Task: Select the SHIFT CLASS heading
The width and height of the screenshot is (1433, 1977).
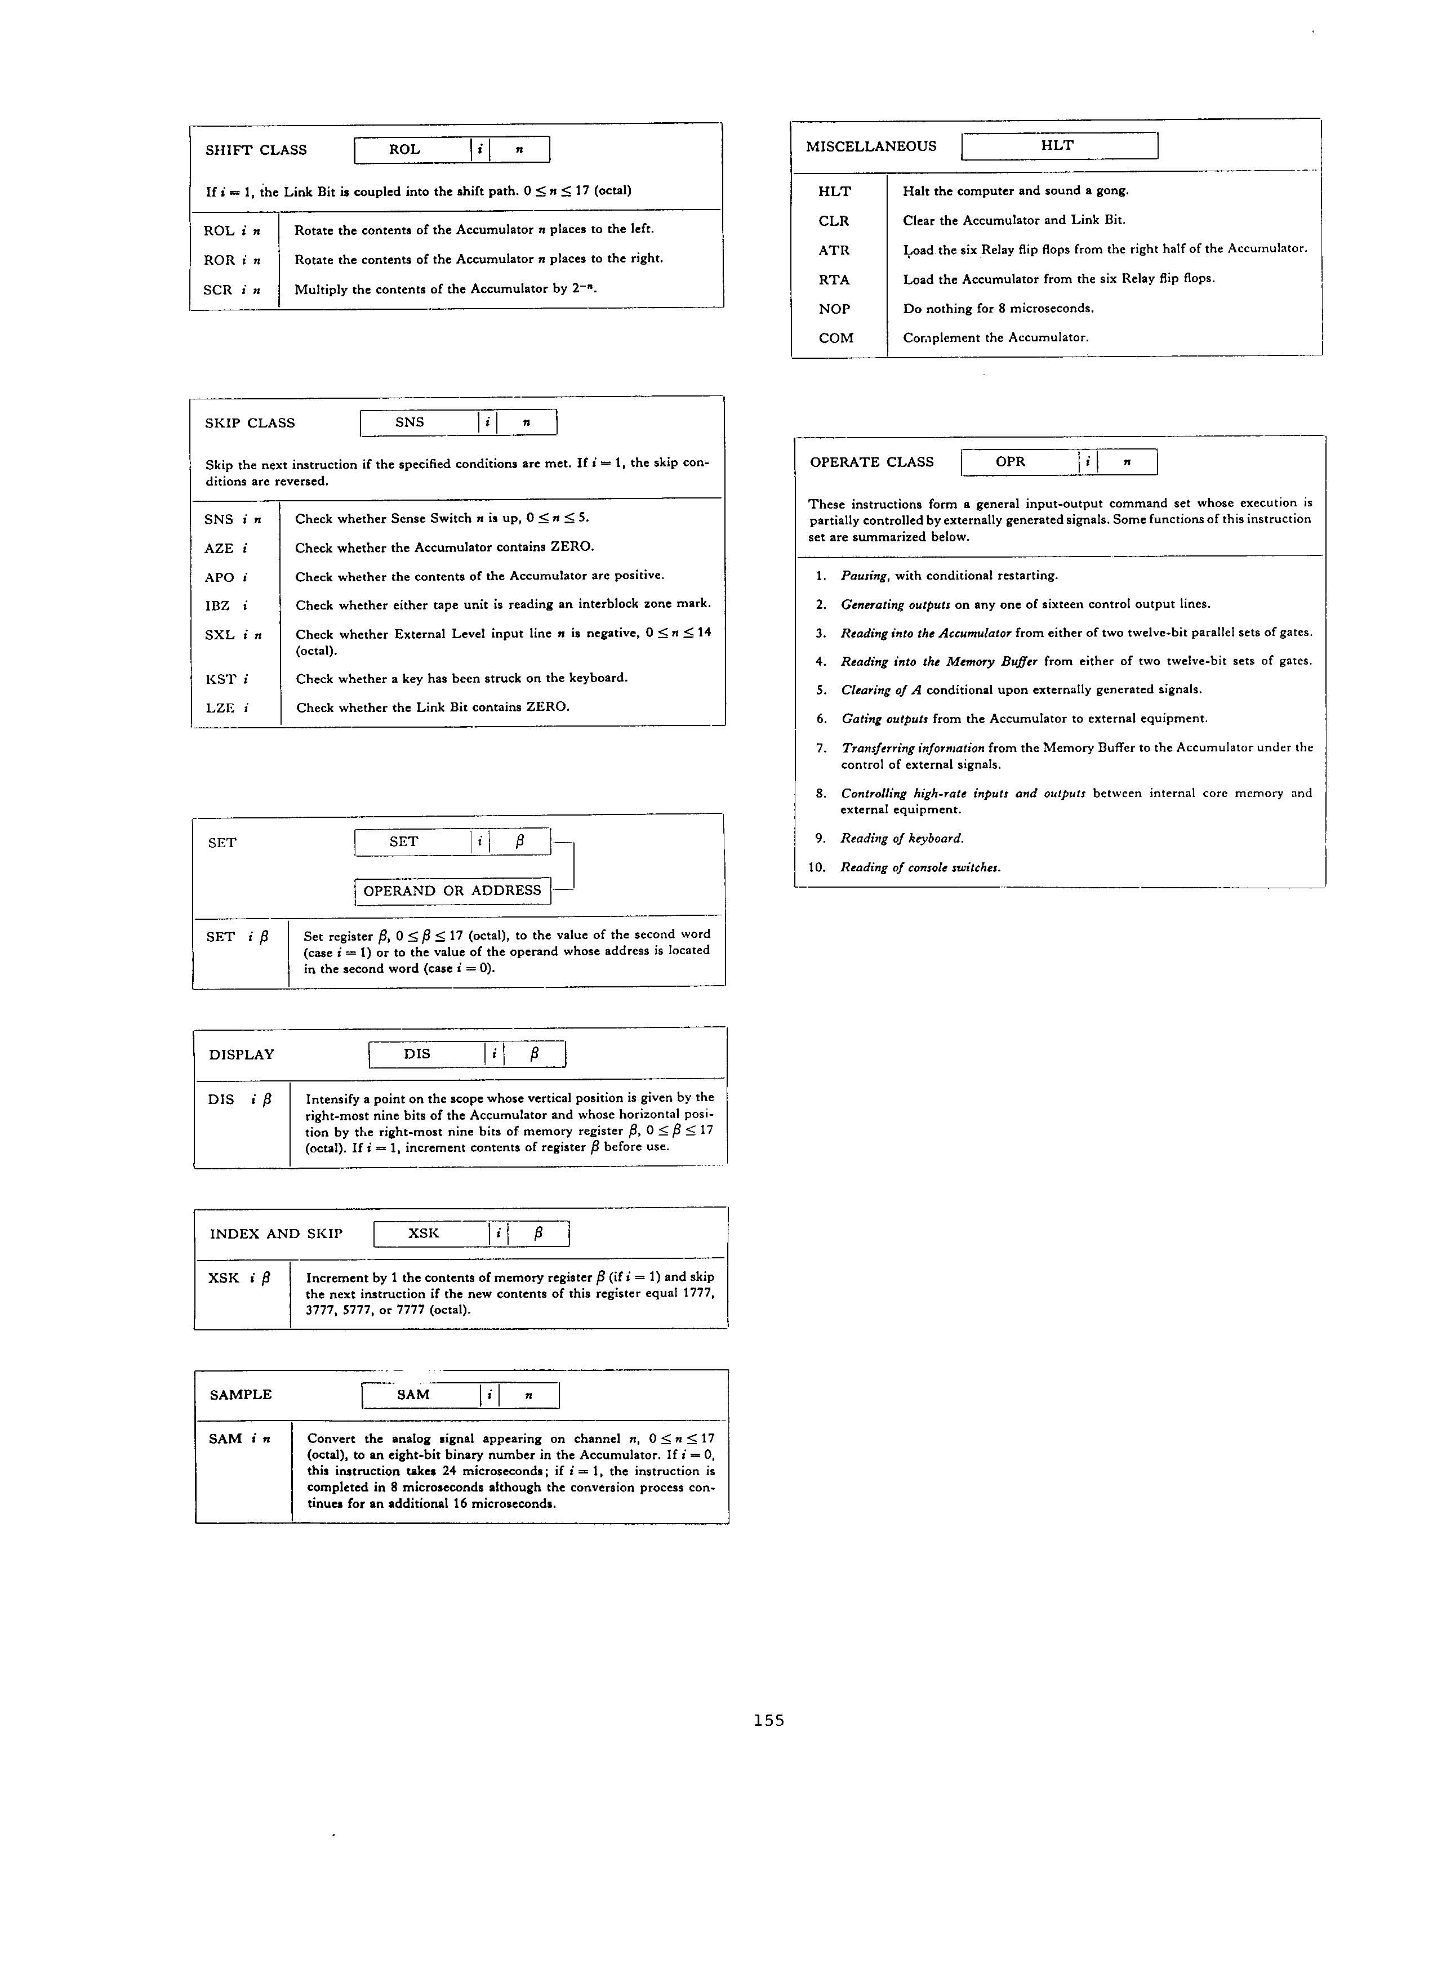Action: [x=256, y=150]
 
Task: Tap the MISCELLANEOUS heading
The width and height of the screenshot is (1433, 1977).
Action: [x=871, y=146]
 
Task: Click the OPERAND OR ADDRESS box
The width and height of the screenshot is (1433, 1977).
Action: [x=452, y=891]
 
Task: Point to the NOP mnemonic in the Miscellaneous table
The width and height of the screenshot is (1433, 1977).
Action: [x=834, y=309]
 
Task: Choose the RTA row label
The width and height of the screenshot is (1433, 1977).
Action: [x=834, y=280]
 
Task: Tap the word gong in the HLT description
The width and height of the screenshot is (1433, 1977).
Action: [x=1111, y=191]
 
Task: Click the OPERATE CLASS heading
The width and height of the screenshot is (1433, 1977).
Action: [x=871, y=462]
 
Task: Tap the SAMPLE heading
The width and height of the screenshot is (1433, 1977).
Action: [x=241, y=1395]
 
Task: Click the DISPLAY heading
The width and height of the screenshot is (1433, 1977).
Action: [x=242, y=1055]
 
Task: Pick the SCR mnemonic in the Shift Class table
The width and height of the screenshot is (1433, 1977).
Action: [x=218, y=290]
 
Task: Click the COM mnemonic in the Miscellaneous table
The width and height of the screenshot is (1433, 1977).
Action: [x=836, y=338]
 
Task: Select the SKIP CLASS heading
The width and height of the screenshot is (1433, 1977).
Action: [x=250, y=424]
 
